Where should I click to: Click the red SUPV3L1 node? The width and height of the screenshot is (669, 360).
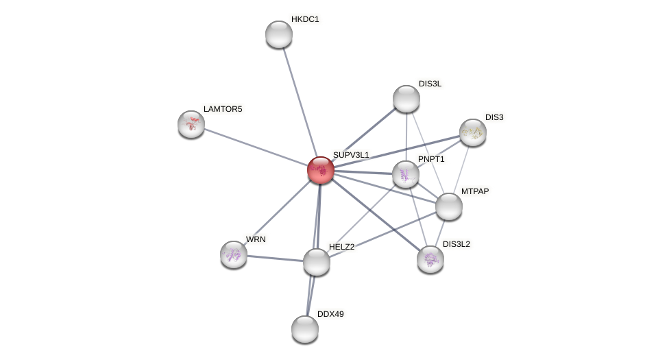tap(320, 170)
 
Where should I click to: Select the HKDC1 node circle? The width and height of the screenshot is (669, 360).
tap(279, 34)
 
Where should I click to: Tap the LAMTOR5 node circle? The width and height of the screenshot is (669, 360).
tap(191, 124)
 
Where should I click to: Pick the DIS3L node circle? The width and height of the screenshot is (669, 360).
tap(406, 99)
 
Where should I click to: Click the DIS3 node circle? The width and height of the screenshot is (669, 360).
tap(473, 132)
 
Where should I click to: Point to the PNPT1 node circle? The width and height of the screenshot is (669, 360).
tap(406, 174)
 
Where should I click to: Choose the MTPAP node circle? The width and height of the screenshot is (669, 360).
tap(449, 206)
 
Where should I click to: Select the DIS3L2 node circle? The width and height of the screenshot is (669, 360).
tap(430, 259)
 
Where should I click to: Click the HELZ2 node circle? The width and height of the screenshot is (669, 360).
tap(317, 262)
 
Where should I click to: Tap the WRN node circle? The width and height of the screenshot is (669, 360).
tap(234, 254)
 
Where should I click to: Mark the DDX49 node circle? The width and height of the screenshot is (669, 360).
tap(305, 329)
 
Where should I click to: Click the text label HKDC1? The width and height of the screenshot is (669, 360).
tap(305, 19)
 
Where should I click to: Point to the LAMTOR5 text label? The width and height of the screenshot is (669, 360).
tap(223, 109)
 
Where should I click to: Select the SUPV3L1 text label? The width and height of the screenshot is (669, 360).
tap(351, 155)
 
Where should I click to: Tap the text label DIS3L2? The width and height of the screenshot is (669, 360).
tap(457, 244)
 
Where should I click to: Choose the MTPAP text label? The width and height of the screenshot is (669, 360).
tap(475, 191)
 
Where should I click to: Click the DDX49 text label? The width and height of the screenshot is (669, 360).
tap(330, 314)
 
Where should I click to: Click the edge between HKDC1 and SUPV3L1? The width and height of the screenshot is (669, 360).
tap(299, 100)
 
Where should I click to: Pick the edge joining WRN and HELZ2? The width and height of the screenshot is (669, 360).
tap(275, 259)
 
